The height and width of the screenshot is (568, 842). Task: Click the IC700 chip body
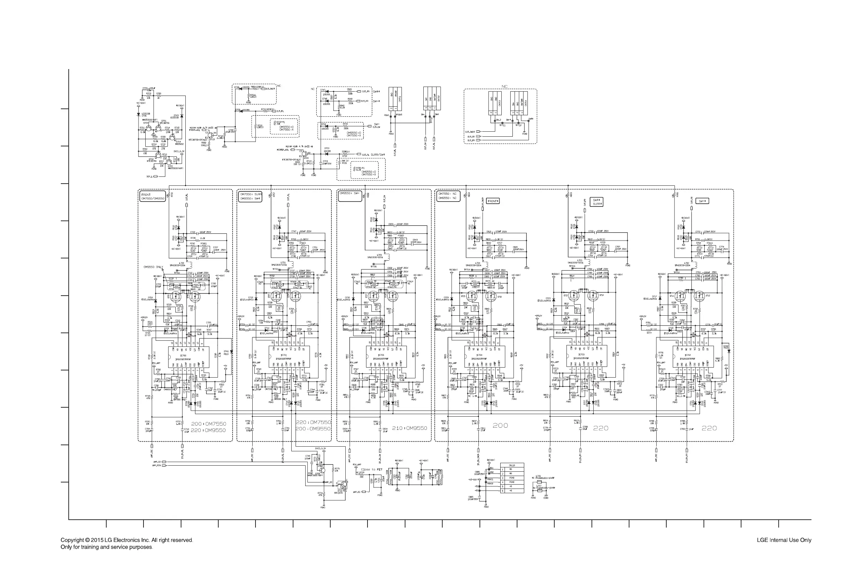[183, 356]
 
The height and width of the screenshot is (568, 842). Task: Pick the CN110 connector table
[512, 478]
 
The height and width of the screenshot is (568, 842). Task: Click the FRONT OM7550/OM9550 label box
[152, 196]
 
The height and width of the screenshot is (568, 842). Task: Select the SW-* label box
[701, 201]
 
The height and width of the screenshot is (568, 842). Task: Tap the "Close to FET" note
[371, 470]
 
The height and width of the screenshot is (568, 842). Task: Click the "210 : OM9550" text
[409, 428]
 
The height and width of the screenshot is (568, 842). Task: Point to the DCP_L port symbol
[155, 176]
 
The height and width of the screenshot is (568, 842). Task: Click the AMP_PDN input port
[164, 465]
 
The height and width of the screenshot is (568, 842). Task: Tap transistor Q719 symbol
[211, 135]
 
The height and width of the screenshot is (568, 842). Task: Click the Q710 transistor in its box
[341, 484]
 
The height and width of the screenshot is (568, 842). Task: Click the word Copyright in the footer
[72, 540]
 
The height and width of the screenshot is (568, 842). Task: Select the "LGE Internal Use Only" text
[784, 540]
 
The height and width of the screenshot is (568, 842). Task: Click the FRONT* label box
[493, 201]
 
